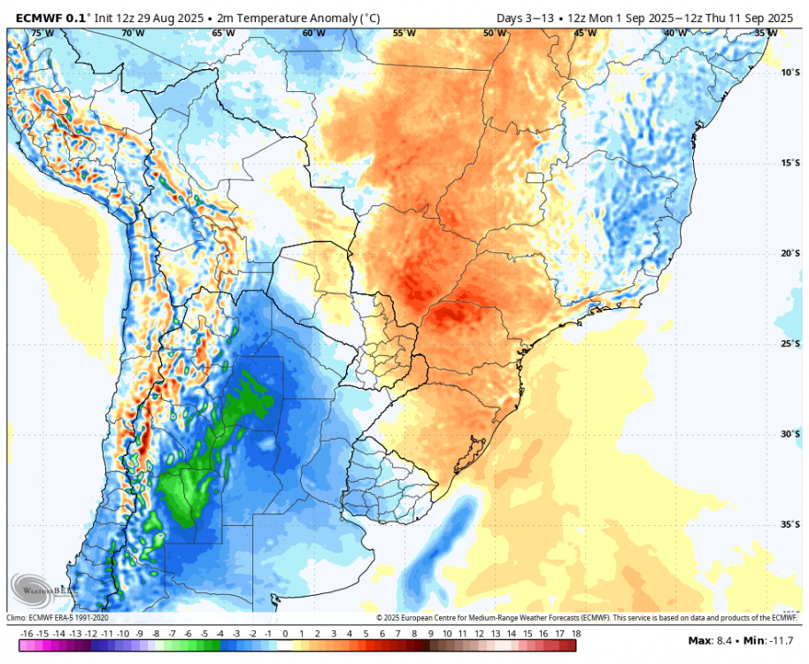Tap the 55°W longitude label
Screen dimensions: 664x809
404,34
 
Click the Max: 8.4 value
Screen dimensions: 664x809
713,640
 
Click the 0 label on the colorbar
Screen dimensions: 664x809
285,634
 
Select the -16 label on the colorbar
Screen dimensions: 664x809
26,634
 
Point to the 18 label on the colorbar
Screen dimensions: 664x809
576,634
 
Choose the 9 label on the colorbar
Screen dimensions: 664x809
431,634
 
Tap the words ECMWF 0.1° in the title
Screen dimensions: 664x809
48,16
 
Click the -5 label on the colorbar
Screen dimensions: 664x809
204,634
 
